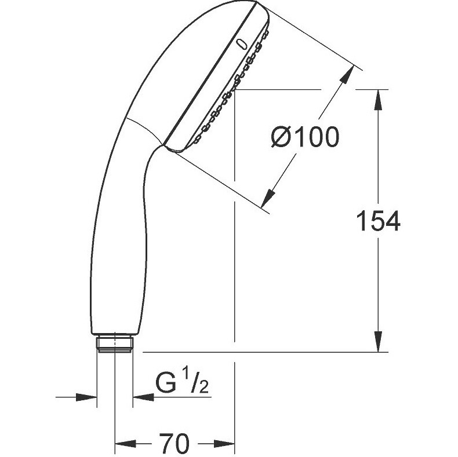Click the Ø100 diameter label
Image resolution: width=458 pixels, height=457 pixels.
pos(305,137)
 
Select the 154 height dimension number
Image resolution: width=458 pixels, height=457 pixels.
pos(379,221)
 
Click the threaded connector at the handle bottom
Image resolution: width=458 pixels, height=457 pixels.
pos(115,345)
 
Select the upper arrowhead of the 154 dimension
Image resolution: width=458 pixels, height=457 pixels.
pos(379,100)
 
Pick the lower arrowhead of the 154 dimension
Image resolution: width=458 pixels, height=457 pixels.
pos(379,341)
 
